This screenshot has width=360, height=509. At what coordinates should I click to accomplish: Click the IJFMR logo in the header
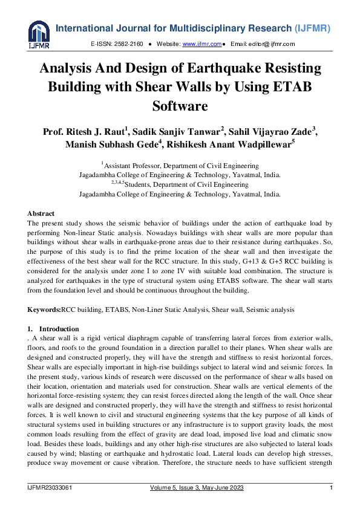coord(39,34)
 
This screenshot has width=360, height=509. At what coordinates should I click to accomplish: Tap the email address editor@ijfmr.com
coord(272,45)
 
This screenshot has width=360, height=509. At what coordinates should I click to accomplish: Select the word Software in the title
coord(180,106)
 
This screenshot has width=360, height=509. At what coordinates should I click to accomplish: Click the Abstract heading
coord(41,214)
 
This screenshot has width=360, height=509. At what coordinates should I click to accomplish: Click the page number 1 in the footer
coord(331,488)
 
